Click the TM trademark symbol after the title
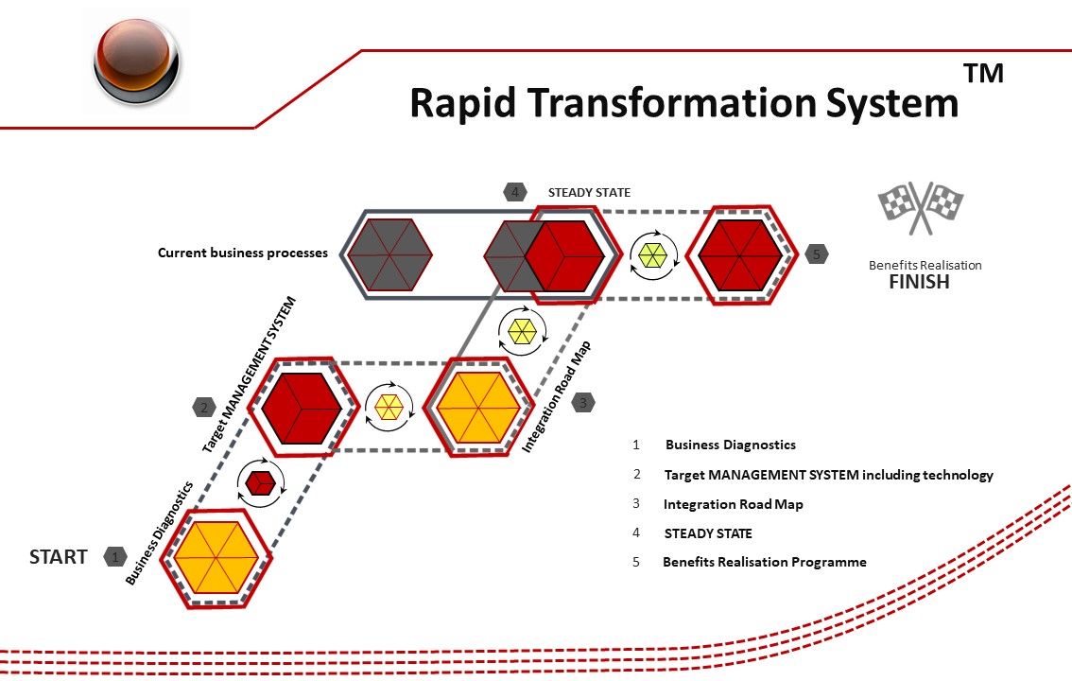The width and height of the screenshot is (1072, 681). click(983, 74)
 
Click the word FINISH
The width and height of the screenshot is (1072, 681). click(919, 282)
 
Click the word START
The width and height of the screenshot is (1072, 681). click(59, 557)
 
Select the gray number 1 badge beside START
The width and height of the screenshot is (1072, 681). click(115, 557)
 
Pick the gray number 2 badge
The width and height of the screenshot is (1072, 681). click(203, 408)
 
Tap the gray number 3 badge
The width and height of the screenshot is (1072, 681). click(583, 402)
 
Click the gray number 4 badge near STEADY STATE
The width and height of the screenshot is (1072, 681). click(515, 192)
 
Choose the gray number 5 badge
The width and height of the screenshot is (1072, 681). click(818, 253)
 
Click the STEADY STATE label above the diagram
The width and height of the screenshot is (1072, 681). click(589, 193)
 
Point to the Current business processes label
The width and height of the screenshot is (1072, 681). click(243, 253)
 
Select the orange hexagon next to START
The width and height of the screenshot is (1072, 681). click(216, 557)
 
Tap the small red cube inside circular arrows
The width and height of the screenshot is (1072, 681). click(260, 482)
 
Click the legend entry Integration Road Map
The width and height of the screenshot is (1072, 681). click(733, 504)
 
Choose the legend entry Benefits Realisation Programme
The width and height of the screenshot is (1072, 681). click(764, 562)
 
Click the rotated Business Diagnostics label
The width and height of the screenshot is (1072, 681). click(161, 531)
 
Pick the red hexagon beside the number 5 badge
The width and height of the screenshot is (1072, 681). click(739, 253)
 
